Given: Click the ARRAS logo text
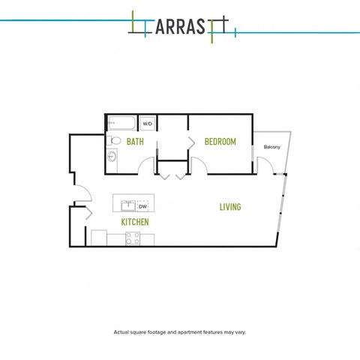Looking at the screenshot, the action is pyautogui.click(x=180, y=26).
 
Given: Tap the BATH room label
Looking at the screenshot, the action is pyautogui.click(x=135, y=142).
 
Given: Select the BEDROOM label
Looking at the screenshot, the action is pyautogui.click(x=220, y=142).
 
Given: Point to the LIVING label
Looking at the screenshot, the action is pyautogui.click(x=230, y=207).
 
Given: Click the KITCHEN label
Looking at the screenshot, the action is pyautogui.click(x=135, y=222).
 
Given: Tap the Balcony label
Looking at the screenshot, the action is pyautogui.click(x=272, y=147).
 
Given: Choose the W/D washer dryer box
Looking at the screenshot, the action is pyautogui.click(x=147, y=124).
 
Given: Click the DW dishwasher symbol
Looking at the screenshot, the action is pyautogui.click(x=142, y=206).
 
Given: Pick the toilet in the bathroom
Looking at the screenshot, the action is pyautogui.click(x=114, y=140).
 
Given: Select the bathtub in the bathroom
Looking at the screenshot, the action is pyautogui.click(x=121, y=123).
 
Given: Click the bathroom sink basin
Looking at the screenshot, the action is pyautogui.click(x=112, y=157).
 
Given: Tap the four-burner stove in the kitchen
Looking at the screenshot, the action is pyautogui.click(x=133, y=238).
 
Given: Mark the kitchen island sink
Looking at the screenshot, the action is pyautogui.click(x=128, y=206).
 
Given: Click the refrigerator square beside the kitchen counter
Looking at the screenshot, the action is pyautogui.click(x=99, y=238).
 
